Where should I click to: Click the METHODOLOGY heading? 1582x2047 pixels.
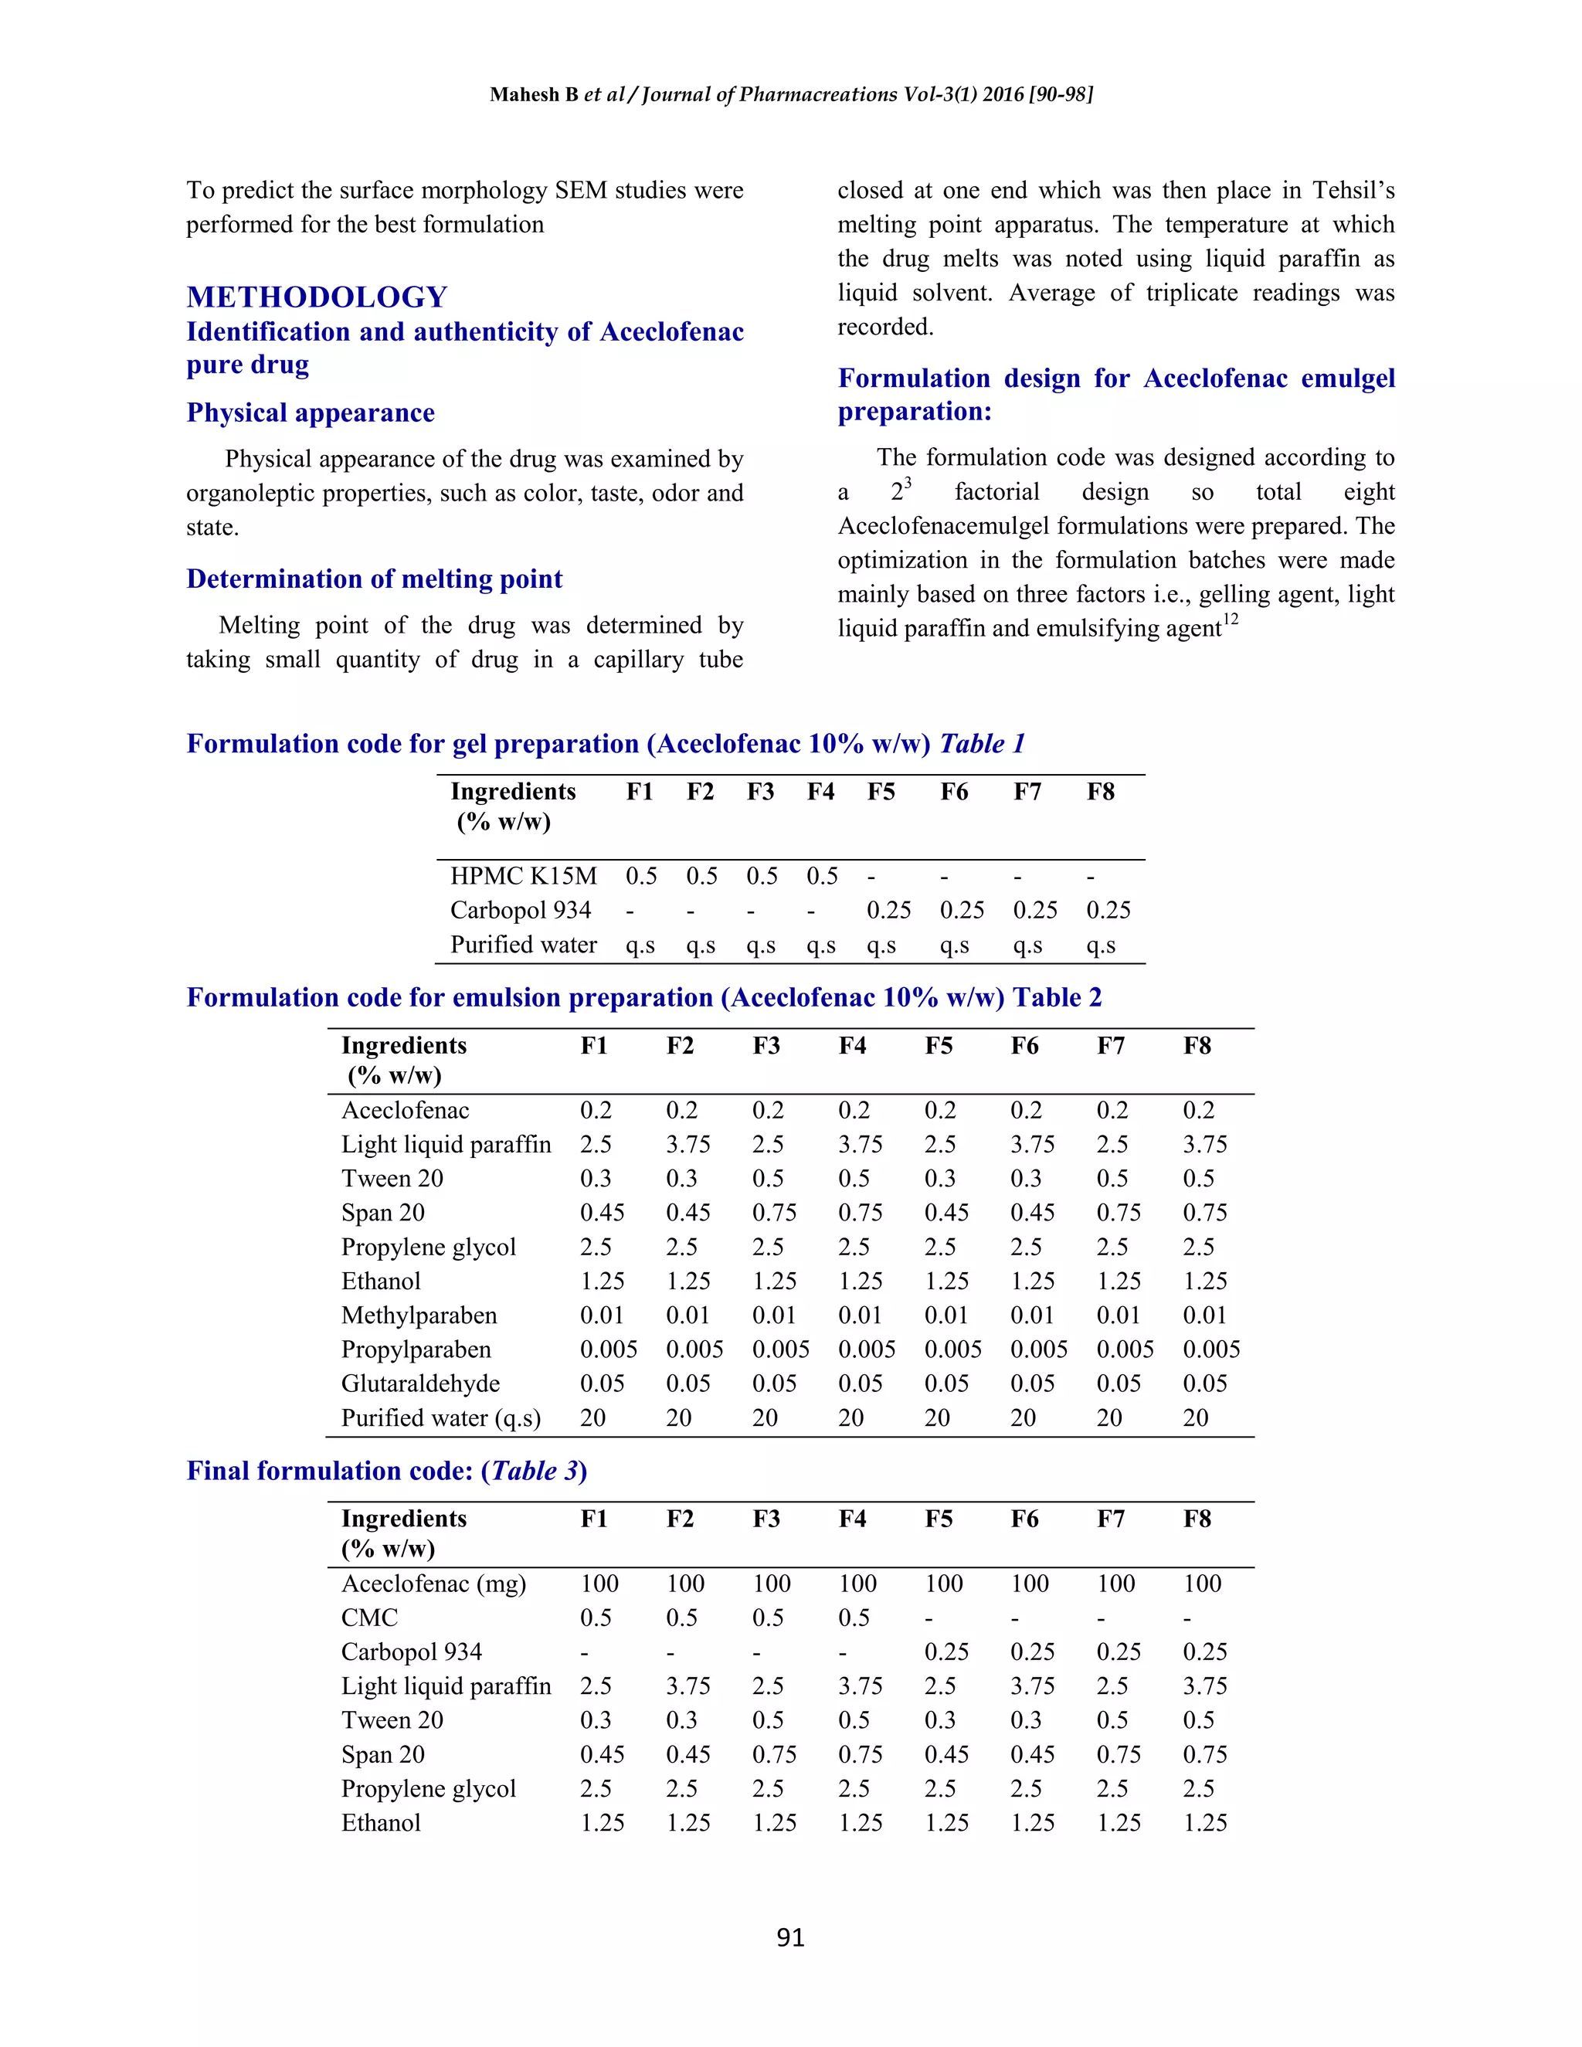tap(317, 297)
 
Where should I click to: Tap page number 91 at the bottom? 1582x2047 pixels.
tap(790, 1937)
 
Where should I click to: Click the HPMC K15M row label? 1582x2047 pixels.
tap(523, 877)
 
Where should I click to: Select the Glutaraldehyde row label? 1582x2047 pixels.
tap(420, 1383)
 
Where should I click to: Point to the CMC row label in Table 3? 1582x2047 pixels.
tap(369, 1618)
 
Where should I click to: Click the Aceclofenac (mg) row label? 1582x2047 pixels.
tap(433, 1584)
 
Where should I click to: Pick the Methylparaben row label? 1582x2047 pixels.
tap(419, 1315)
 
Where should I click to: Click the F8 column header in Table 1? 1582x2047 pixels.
tap(1100, 792)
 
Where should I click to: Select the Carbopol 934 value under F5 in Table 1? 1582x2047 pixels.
tap(888, 910)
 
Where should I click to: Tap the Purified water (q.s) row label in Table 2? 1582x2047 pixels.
tap(440, 1418)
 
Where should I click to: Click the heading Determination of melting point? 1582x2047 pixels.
tap(374, 579)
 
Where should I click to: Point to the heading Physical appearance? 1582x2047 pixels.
tap(311, 413)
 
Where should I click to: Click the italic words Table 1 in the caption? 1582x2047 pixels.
tap(983, 744)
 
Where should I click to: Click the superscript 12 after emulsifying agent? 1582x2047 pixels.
tap(1231, 620)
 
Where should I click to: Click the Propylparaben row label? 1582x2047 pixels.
tap(415, 1349)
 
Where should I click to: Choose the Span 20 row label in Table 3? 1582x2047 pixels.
tap(382, 1754)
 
